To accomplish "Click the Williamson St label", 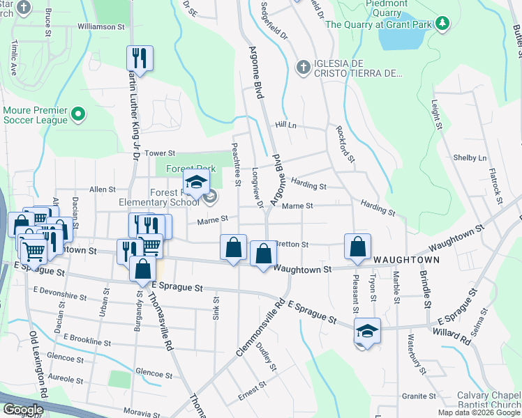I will pyautogui.click(x=100, y=26).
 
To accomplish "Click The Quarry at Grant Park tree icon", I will pyautogui.click(x=441, y=24).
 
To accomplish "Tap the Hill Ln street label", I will pyautogui.click(x=286, y=125).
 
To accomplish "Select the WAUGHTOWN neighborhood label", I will pyautogui.click(x=406, y=260).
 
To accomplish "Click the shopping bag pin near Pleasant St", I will pyautogui.click(x=357, y=247).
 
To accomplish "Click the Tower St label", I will pyautogui.click(x=159, y=153).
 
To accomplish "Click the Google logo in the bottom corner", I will pyautogui.click(x=23, y=410).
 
